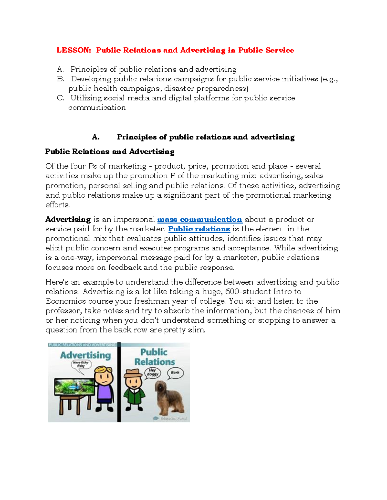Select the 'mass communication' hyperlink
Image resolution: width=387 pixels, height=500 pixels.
(x=199, y=220)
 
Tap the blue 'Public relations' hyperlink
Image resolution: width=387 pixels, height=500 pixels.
(x=199, y=229)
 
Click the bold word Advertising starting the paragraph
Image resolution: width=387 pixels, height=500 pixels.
(x=68, y=220)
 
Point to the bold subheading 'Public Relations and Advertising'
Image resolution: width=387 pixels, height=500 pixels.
(x=110, y=152)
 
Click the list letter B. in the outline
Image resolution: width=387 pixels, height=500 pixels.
(x=61, y=79)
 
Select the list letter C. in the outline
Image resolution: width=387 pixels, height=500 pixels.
(x=61, y=98)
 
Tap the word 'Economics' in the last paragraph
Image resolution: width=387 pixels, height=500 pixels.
(x=66, y=301)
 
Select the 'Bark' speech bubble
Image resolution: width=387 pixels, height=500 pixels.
(x=175, y=373)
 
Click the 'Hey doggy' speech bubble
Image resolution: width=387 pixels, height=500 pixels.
(x=153, y=373)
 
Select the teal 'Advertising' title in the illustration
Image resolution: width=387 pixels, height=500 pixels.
(x=85, y=355)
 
